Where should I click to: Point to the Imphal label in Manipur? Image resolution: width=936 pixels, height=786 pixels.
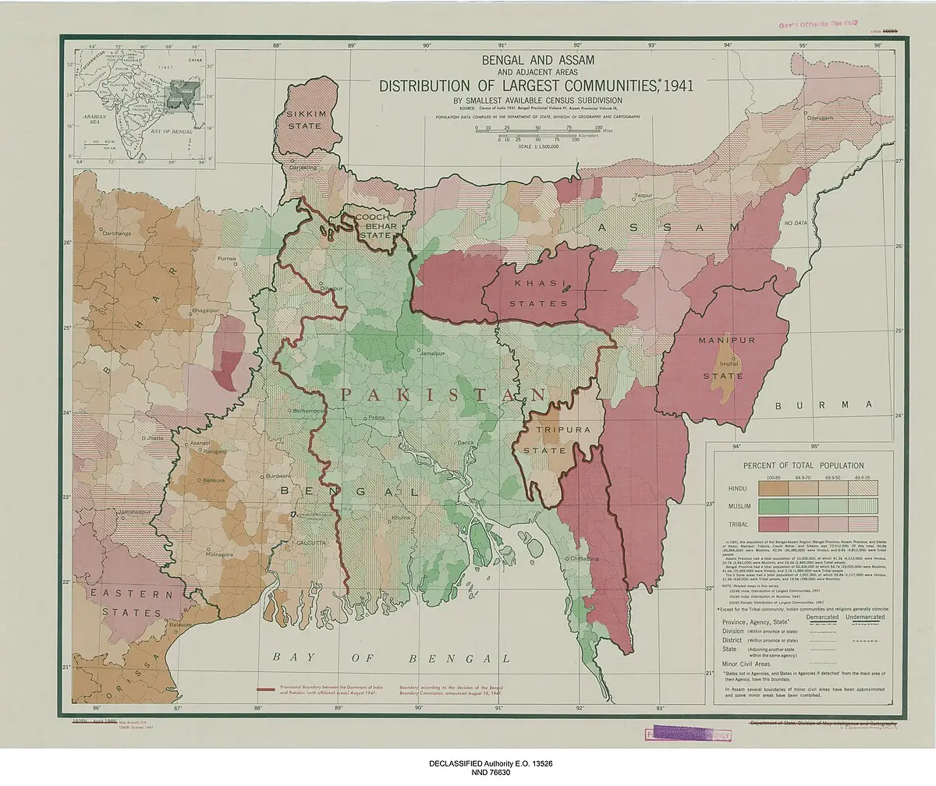(729, 363)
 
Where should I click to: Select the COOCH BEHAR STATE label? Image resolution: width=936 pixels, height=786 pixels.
(376, 225)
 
